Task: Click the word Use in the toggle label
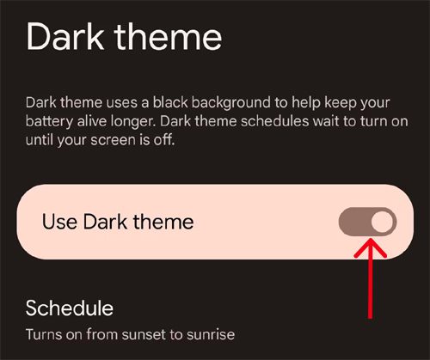pos(58,222)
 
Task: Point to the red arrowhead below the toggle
pos(372,249)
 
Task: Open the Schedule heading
pos(70,308)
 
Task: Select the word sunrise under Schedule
pos(211,333)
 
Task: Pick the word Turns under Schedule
pos(45,333)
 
